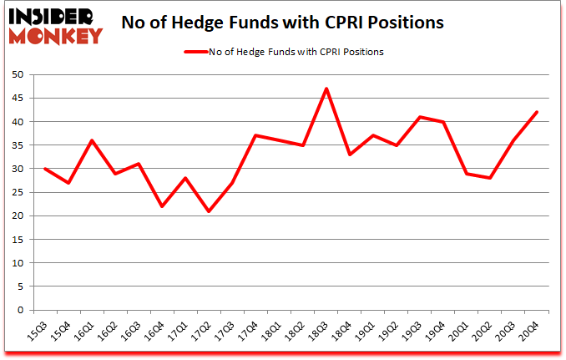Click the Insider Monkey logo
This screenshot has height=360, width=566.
tap(55, 24)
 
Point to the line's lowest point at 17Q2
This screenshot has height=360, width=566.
tap(209, 211)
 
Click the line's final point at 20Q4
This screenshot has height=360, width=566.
tap(537, 112)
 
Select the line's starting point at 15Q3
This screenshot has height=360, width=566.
tap(45, 169)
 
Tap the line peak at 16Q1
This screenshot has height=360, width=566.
tap(92, 140)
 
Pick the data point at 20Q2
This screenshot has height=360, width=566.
tap(490, 178)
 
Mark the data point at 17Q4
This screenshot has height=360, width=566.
tap(255, 135)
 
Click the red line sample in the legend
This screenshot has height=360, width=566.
tap(201, 52)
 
